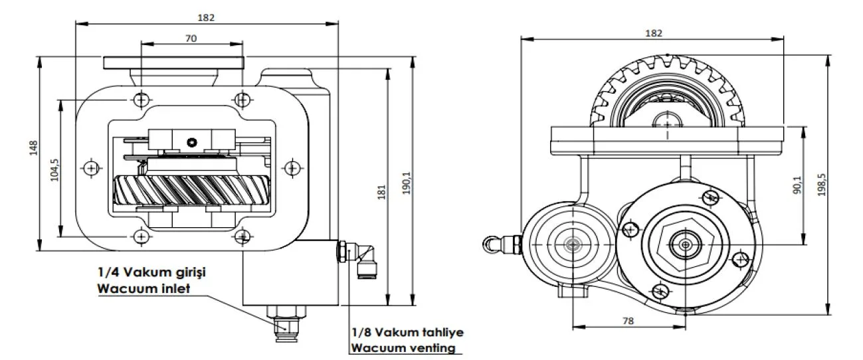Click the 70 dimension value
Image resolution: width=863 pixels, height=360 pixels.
tap(191, 38)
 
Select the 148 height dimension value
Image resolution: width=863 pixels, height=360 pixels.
tap(33, 148)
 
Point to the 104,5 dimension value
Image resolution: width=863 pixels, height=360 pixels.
tap(54, 170)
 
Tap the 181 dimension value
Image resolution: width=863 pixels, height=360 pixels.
tap(381, 192)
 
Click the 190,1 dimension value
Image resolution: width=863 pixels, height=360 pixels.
tap(407, 183)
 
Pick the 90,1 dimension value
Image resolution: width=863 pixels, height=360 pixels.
tap(797, 185)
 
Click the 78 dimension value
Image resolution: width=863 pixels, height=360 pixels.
tap(628, 320)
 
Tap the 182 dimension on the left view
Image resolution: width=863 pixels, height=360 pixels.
tap(206, 17)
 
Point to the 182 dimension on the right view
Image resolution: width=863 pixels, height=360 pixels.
tap(654, 33)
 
